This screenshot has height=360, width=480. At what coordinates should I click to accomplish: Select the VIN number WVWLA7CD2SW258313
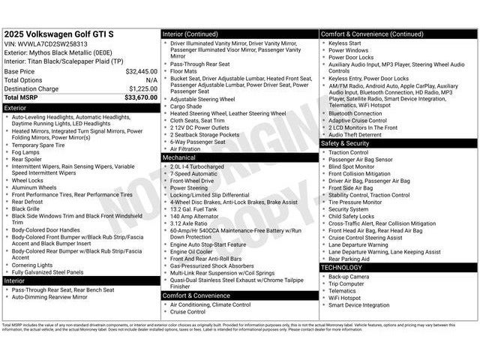[x=53, y=44]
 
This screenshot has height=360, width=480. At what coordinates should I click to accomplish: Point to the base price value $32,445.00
[x=141, y=71]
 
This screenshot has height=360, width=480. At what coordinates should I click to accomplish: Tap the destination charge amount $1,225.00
[x=142, y=88]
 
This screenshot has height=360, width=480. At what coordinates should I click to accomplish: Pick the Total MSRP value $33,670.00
[x=141, y=97]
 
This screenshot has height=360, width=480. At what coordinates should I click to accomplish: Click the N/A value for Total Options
[x=151, y=79]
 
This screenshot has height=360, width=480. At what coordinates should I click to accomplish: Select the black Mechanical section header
[x=179, y=158]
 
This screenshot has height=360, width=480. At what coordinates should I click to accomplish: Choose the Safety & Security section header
[x=345, y=142]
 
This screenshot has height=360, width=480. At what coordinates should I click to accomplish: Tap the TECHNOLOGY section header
[x=341, y=267]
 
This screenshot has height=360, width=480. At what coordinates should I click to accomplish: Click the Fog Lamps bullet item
[x=27, y=152]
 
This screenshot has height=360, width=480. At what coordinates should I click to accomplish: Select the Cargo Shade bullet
[x=186, y=106]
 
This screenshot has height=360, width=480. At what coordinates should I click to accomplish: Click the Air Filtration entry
[x=185, y=149]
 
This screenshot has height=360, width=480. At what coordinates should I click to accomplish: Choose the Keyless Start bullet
[x=344, y=43]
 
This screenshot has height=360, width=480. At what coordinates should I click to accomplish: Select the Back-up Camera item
[x=348, y=277]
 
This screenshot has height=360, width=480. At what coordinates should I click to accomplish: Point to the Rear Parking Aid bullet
[x=350, y=259]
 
